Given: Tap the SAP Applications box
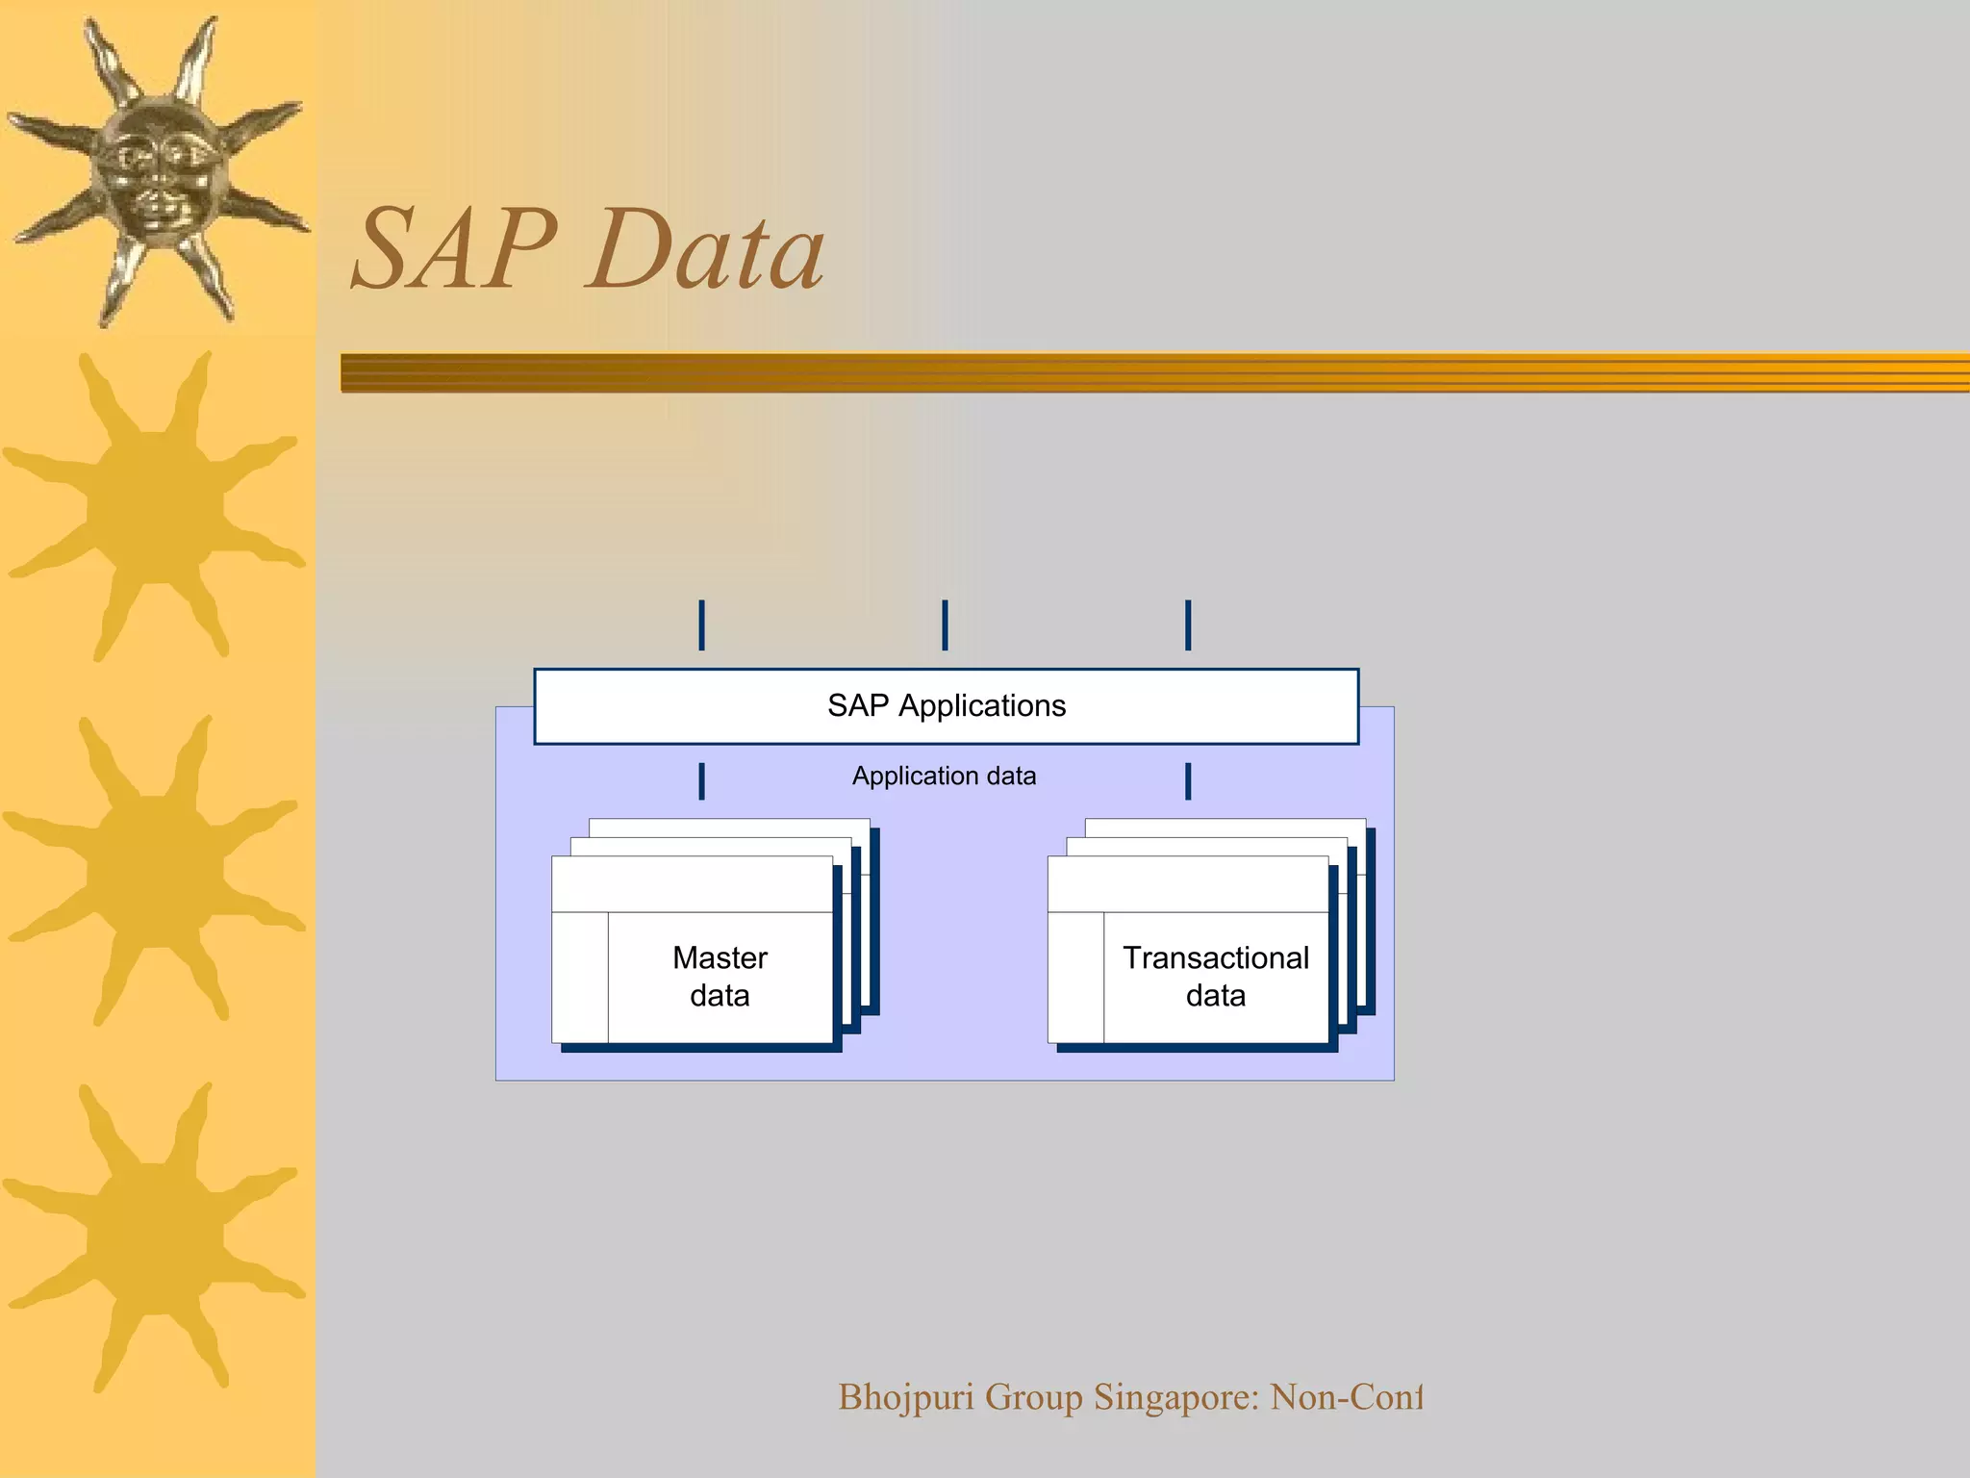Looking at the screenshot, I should pos(947,706).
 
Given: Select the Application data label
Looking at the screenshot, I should pos(944,776).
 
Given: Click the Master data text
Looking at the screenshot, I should pos(720,976).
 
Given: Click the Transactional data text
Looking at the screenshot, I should pos(1216,976).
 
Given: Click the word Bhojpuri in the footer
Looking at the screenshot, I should pos(905,1397).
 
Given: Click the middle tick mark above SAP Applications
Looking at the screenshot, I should pos(945,624).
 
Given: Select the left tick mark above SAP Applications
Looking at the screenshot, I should pos(701,624).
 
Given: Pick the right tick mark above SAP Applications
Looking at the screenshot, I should pos(1188,624).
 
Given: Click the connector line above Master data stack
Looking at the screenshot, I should pos(701,781).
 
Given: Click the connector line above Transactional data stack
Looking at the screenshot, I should pos(1188,781).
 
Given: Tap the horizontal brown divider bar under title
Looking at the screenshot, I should pos(1154,372).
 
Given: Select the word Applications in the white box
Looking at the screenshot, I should pos(982,706).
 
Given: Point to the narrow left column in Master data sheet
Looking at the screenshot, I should pos(580,977).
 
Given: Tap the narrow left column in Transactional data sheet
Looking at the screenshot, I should pos(1075,977).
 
